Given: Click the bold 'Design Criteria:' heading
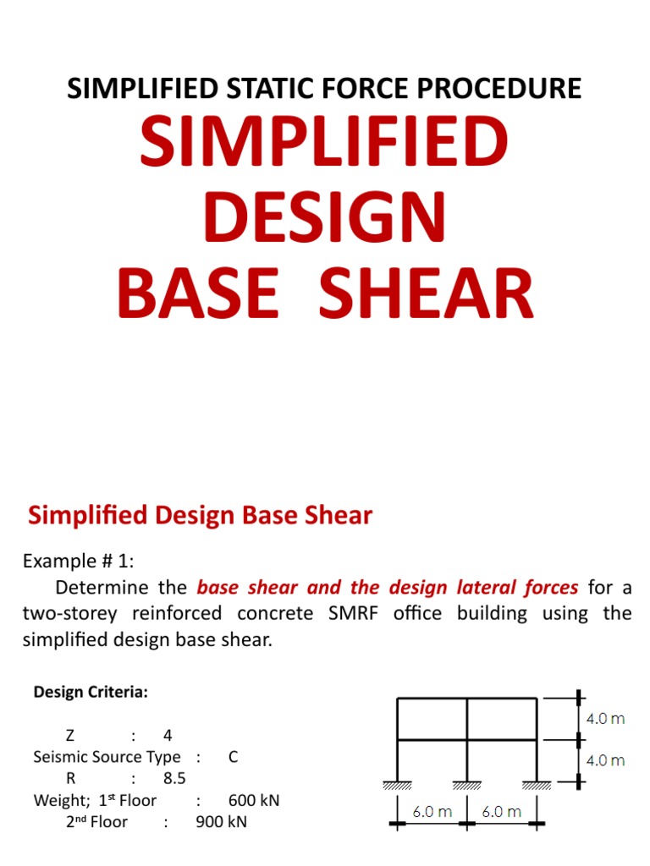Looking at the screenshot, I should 91,693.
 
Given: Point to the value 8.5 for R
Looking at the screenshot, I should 174,779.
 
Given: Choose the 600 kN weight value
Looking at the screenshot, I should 254,800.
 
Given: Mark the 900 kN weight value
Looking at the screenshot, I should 221,821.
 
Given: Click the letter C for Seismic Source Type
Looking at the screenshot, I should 234,757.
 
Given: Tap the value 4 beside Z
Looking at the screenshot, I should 166,736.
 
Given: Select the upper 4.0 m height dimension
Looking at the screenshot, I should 605,719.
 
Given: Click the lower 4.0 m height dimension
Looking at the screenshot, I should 605,760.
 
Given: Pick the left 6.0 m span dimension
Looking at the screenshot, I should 432,813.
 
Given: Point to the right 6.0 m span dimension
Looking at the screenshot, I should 502,813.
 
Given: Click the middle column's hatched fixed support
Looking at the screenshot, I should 466,786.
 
